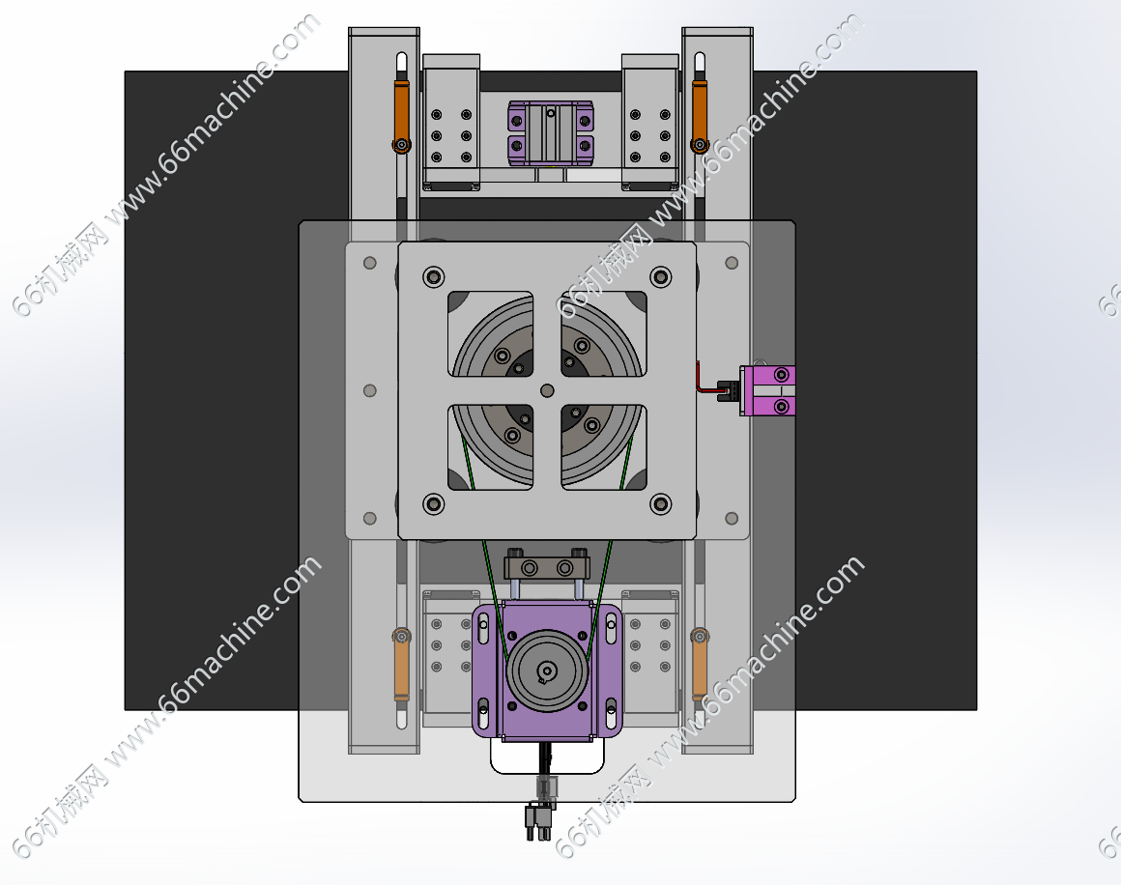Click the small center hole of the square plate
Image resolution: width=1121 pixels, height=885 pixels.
(x=547, y=390)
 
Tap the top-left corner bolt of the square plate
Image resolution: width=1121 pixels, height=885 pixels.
(x=433, y=276)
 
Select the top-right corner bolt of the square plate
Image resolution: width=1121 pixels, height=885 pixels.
(x=661, y=276)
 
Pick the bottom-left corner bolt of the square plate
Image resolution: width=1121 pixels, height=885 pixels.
(x=433, y=504)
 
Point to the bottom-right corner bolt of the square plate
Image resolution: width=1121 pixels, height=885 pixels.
(x=661, y=504)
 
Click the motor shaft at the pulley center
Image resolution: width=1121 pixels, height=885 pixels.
(x=547, y=671)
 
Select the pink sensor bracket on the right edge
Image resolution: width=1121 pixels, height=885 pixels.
(x=768, y=390)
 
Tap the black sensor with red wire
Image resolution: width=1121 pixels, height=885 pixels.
(x=728, y=391)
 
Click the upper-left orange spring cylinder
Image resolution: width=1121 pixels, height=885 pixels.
(x=402, y=115)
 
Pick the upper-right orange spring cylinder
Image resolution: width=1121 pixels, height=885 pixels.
(x=700, y=115)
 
